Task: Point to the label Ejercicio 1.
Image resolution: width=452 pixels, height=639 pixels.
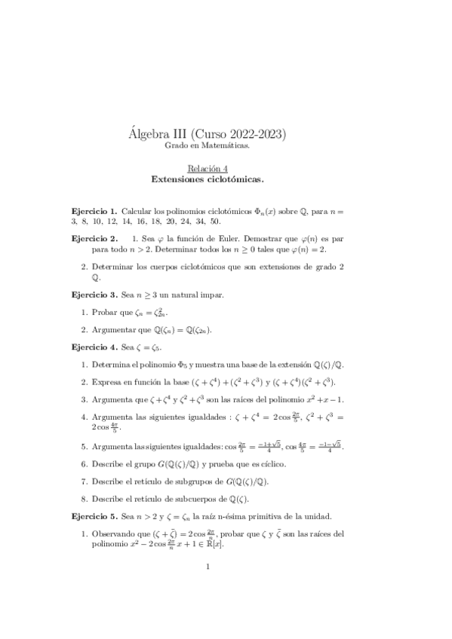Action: pos(94,212)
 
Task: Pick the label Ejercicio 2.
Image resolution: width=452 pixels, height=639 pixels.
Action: pos(94,238)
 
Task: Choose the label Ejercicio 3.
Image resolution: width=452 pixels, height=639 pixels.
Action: pos(94,293)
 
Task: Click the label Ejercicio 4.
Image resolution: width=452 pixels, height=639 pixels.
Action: pos(94,347)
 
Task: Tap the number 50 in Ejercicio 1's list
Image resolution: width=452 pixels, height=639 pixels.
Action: pos(215,222)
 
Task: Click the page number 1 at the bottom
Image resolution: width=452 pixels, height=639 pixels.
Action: pos(208,587)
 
